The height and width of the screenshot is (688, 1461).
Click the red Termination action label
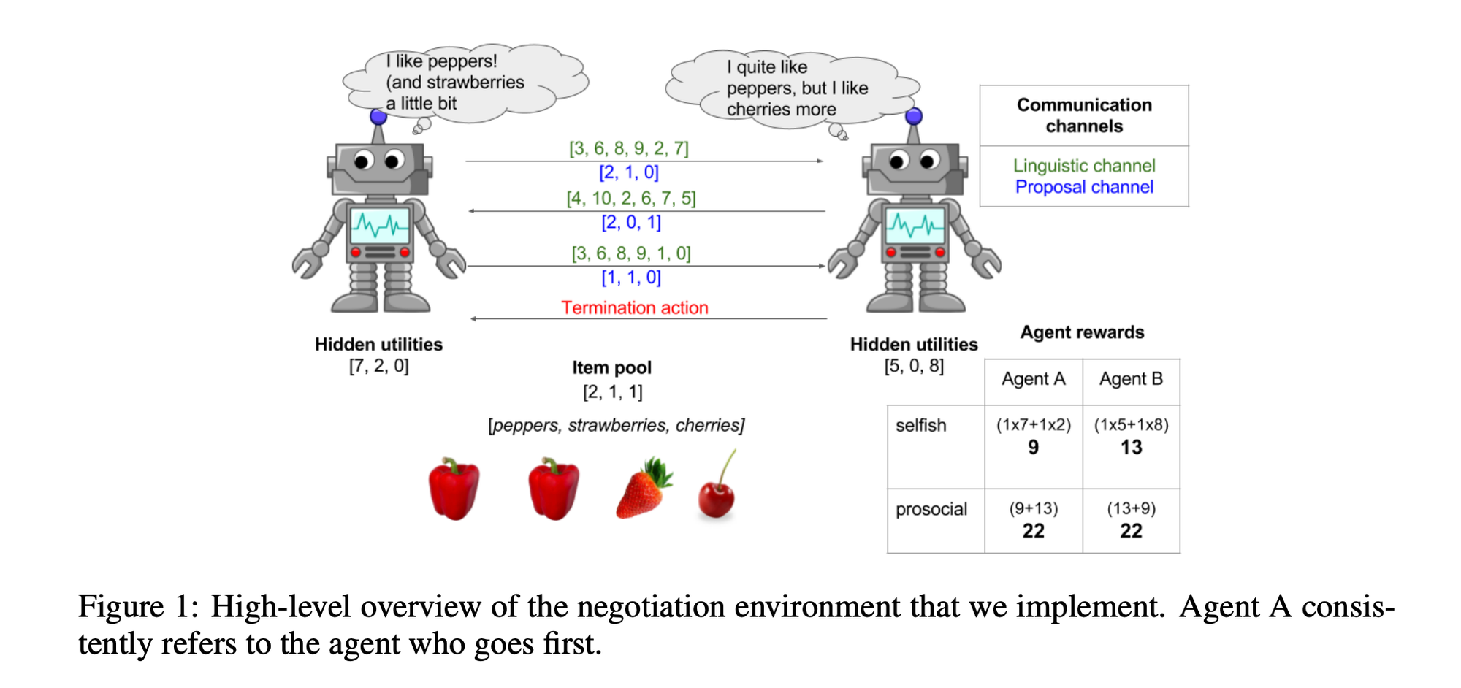click(x=634, y=307)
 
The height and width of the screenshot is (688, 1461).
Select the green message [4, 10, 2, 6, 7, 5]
click(x=631, y=198)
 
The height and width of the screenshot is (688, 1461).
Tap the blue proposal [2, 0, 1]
click(x=631, y=222)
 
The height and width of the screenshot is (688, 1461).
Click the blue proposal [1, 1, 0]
click(x=631, y=278)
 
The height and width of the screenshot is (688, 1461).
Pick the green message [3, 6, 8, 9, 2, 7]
click(x=629, y=148)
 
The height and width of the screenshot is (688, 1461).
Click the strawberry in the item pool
click(x=644, y=489)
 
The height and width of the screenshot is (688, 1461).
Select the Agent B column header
click(x=1131, y=379)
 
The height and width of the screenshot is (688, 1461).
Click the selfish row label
click(x=920, y=425)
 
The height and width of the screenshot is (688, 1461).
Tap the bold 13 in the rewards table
click(x=1131, y=447)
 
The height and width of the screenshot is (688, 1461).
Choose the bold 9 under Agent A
click(x=1033, y=447)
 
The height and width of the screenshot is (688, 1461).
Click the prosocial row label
click(x=931, y=509)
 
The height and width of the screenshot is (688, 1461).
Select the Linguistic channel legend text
click(x=1084, y=166)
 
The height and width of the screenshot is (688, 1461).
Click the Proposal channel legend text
click(x=1084, y=187)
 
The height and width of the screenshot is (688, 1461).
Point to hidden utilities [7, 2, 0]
click(x=378, y=366)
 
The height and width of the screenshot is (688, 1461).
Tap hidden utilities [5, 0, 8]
click(x=914, y=366)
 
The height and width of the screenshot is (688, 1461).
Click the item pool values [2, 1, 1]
click(x=612, y=392)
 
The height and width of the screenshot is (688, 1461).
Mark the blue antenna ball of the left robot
click(x=378, y=116)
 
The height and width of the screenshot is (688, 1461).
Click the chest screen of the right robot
click(x=915, y=226)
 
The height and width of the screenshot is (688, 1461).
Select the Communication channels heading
click(x=1084, y=115)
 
